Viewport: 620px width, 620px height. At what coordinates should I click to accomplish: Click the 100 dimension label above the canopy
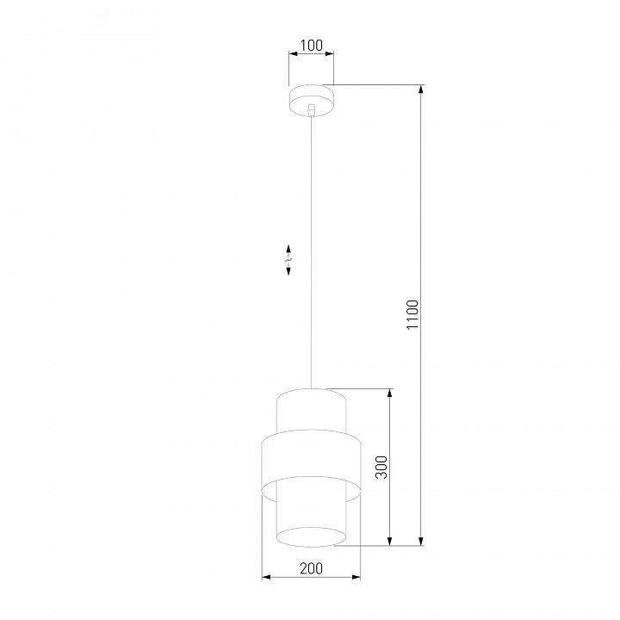pos(312,45)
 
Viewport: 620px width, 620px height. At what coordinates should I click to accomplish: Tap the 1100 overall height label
pos(412,315)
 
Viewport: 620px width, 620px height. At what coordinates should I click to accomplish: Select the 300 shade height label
pos(382,467)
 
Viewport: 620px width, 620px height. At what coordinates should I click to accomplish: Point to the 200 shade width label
pos(312,567)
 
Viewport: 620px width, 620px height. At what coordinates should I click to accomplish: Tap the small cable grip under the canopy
pos(312,110)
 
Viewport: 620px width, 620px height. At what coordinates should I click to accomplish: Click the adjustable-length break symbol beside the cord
pos(288,259)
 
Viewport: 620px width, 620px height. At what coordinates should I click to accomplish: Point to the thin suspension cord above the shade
pos(312,258)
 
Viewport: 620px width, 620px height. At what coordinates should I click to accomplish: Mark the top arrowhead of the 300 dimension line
pos(391,394)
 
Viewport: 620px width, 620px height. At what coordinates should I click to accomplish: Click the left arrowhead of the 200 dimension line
pos(265,577)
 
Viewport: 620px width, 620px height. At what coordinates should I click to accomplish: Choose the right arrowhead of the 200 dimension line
pos(357,577)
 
